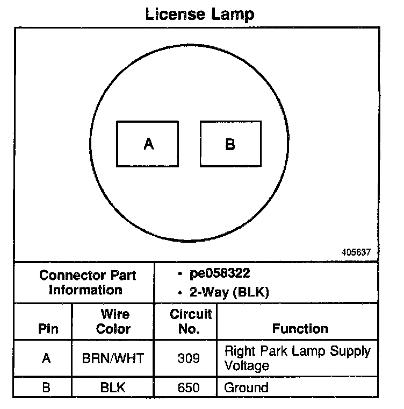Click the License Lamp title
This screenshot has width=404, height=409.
200,14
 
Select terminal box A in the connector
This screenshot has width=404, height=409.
148,144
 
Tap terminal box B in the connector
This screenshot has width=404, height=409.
230,144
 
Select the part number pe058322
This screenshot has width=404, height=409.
219,274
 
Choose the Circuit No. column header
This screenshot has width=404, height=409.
190,321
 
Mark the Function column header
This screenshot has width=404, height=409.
300,329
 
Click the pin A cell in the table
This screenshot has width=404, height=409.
46,358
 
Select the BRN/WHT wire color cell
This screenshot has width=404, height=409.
113,358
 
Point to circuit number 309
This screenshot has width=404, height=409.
188,358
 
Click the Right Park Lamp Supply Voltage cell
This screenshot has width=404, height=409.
297,358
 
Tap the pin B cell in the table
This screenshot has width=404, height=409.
46,387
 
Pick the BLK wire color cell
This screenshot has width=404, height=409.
113,387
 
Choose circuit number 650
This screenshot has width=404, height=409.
188,387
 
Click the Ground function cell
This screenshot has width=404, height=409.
246,387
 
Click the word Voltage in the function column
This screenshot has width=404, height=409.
246,366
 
